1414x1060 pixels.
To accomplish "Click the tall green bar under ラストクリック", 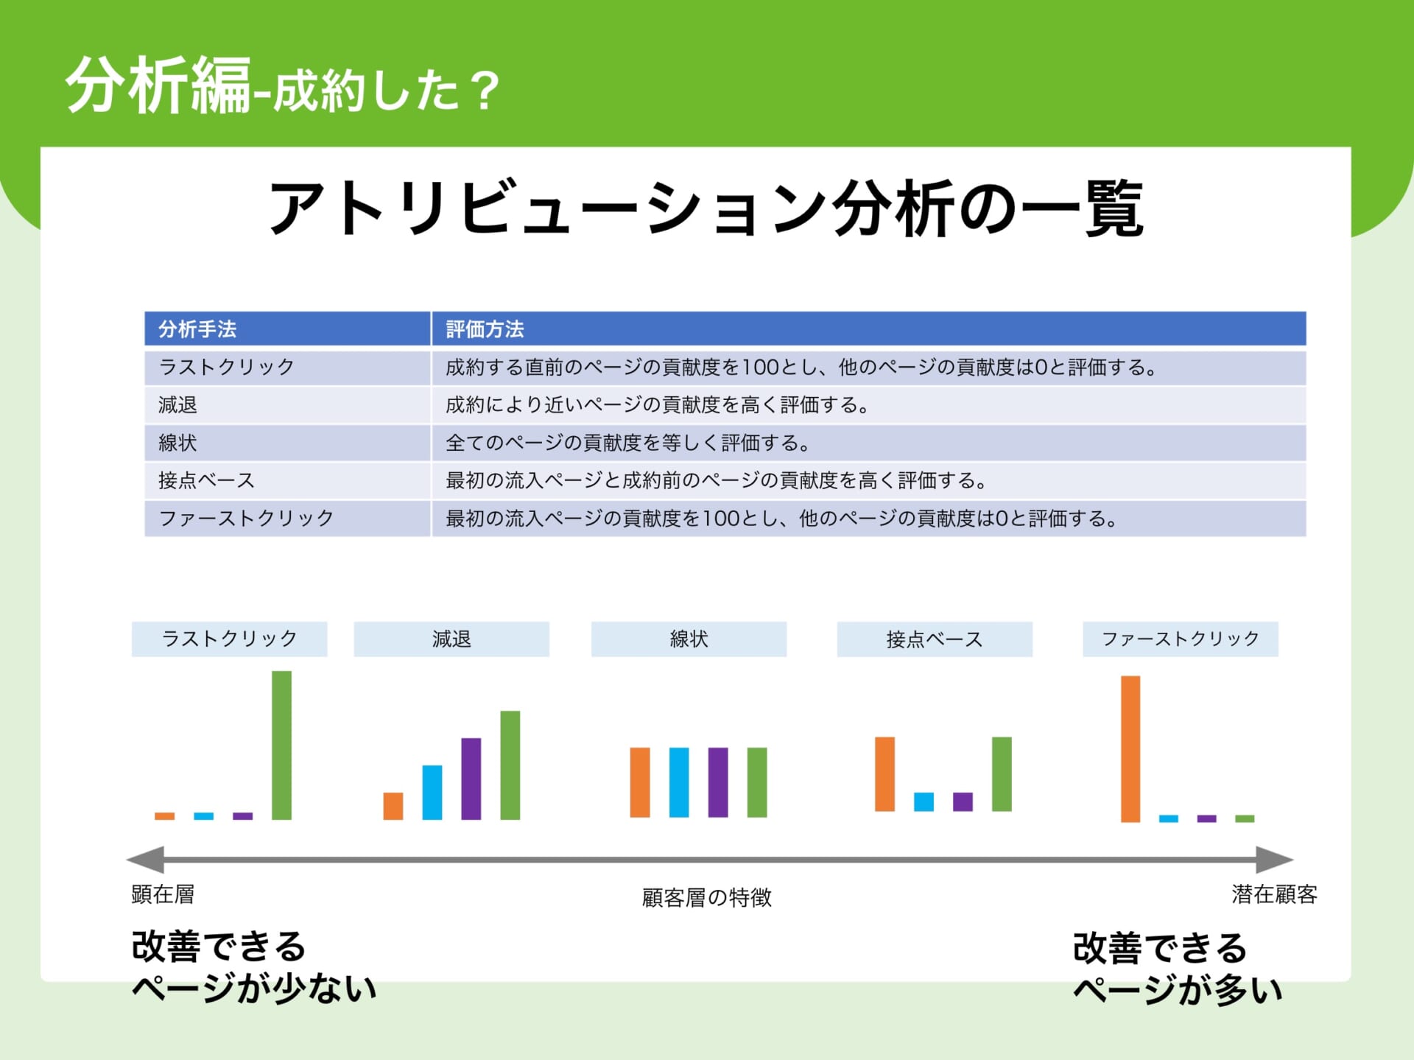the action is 281,745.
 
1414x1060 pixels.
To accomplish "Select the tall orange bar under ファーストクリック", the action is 1130,748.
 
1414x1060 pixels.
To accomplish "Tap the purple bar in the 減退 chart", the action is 471,779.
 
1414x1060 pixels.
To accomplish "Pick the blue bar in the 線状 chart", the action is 679,782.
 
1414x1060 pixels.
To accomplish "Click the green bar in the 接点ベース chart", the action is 1002,774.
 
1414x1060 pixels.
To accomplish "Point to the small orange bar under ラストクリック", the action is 165,816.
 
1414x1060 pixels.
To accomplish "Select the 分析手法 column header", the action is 197,329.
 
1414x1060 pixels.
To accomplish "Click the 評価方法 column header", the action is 485,329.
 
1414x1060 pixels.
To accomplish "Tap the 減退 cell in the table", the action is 177,404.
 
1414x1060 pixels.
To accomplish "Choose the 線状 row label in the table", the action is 177,443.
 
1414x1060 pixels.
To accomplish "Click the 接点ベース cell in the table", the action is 206,480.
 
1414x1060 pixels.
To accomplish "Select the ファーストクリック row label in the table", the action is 246,518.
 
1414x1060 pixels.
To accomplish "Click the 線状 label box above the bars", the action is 689,639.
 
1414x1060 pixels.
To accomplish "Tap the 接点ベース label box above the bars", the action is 935,639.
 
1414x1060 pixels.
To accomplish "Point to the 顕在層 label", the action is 163,894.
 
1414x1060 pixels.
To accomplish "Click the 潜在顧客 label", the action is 1274,894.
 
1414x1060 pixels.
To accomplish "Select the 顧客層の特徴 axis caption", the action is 707,897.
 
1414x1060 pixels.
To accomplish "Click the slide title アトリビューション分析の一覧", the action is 707,208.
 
